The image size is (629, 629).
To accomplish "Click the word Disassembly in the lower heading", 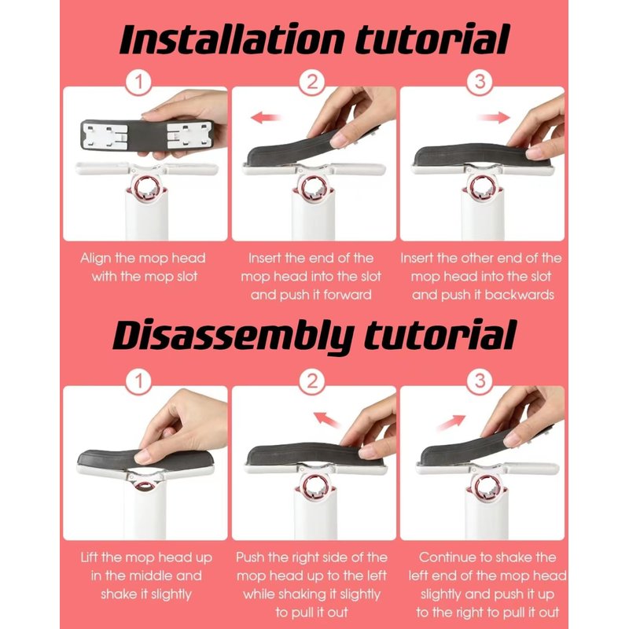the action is point(234,337).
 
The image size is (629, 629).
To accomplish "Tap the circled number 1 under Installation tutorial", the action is point(139,83).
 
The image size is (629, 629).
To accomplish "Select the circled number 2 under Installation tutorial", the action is point(311,83).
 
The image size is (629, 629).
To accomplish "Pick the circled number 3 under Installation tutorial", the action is point(480,83).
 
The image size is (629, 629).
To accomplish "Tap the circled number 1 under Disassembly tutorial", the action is point(139,381).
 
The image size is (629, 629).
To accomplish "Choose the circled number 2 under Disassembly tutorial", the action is point(311,381).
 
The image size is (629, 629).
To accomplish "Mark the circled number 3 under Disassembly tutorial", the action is point(480,381).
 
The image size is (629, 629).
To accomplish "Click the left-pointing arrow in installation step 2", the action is point(265,118).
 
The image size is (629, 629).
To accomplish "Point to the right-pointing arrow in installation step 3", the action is point(494,117).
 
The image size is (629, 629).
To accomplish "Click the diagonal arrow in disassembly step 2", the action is point(327,420).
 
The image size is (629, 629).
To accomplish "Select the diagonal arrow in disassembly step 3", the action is point(451,423).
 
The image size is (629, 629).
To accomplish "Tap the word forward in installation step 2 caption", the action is point(348,295).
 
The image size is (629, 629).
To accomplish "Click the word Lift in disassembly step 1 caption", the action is point(90,557).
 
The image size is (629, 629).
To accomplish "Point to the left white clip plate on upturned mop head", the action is point(105,135).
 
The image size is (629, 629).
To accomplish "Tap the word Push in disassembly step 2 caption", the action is point(250,557).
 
